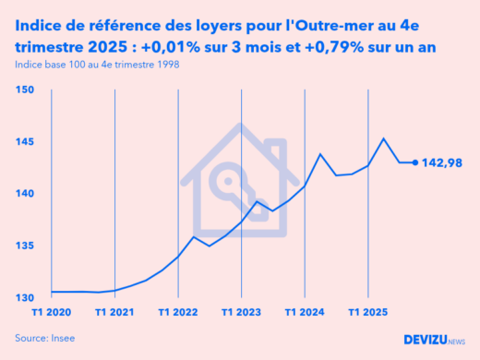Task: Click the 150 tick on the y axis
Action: pyautogui.click(x=25, y=90)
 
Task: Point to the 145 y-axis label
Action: pyautogui.click(x=25, y=142)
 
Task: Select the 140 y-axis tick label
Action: pyautogui.click(x=25, y=194)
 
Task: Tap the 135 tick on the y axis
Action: pyautogui.click(x=25, y=246)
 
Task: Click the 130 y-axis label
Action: pyautogui.click(x=25, y=297)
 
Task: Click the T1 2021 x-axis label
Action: pyautogui.click(x=114, y=313)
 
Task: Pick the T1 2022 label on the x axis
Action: pyautogui.click(x=178, y=313)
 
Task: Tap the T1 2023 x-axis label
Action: pyautogui.click(x=242, y=313)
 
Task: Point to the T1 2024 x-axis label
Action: pyautogui.click(x=306, y=313)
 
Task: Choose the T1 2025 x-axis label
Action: pyautogui.click(x=368, y=313)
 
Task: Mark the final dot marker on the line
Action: pyautogui.click(x=414, y=162)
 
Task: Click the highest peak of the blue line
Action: pyautogui.click(x=384, y=138)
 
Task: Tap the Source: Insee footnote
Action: pyautogui.click(x=45, y=339)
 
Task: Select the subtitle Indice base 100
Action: pyautogui.click(x=97, y=65)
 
